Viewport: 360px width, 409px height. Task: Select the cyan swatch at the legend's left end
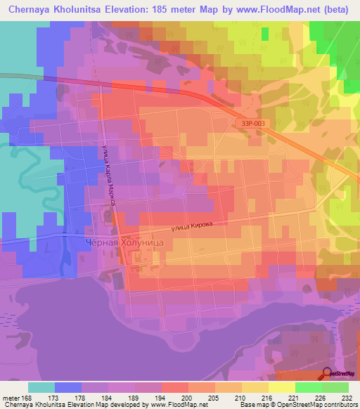point(41,387)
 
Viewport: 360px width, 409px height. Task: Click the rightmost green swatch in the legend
point(335,387)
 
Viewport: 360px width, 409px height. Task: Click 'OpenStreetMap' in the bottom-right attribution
point(309,405)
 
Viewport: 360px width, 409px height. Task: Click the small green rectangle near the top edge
point(264,34)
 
